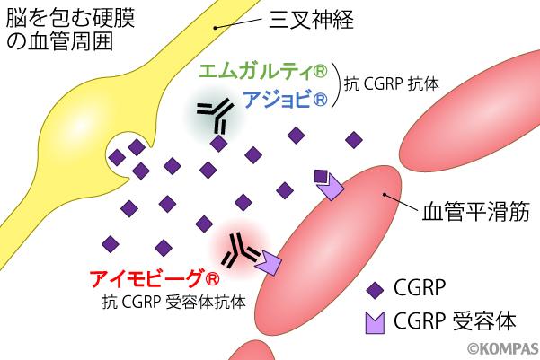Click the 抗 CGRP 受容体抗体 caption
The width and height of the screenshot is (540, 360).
174,302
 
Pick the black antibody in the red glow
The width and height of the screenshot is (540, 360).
238,250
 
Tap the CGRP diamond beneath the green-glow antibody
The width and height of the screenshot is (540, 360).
218,143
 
